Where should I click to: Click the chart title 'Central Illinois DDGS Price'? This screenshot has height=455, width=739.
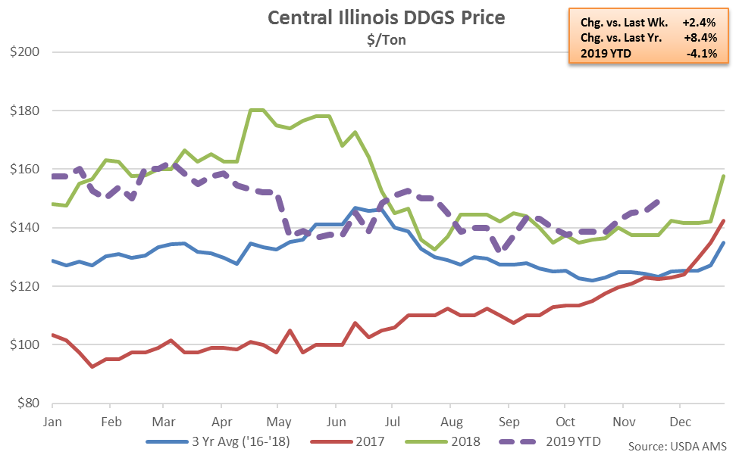[x=386, y=17]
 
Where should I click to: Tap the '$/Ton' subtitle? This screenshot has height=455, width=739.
[x=386, y=40]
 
